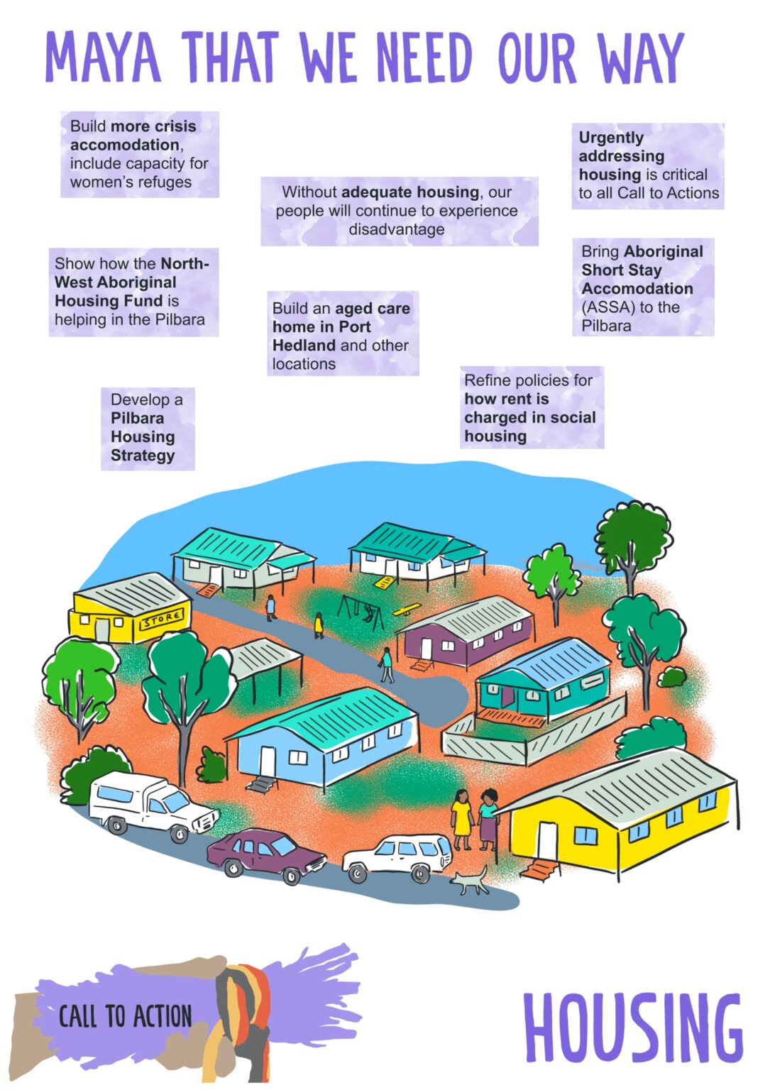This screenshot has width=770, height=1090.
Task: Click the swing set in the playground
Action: click(x=362, y=611)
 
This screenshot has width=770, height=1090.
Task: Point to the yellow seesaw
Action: click(x=407, y=609)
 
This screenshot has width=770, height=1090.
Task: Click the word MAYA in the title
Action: click(x=103, y=57)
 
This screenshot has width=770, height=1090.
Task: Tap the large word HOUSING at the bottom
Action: click(x=633, y=1021)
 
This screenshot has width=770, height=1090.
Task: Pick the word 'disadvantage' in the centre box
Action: click(x=397, y=229)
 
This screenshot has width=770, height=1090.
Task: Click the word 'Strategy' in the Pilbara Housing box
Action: click(x=143, y=456)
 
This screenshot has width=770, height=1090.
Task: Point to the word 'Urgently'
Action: click(x=611, y=138)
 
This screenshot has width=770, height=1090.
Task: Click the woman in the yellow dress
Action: click(x=461, y=819)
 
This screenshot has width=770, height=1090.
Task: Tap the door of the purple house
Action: click(x=427, y=648)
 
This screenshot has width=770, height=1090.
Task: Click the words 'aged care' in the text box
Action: click(x=373, y=309)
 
